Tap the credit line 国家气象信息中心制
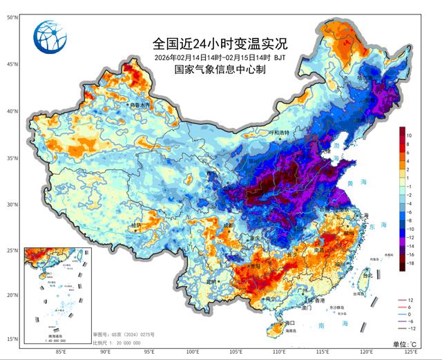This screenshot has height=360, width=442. click(220, 69)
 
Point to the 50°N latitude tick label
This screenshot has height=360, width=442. click(12, 17)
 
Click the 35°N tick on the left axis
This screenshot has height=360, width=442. click(12, 158)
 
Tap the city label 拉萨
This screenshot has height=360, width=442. click(135, 225)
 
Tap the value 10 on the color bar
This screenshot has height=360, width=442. click(410, 135)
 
